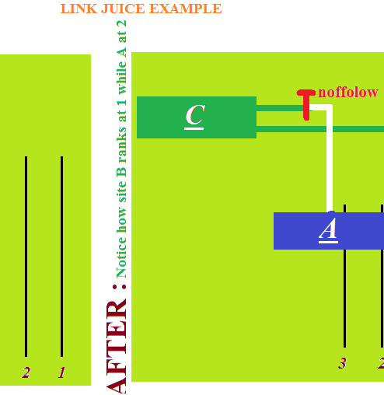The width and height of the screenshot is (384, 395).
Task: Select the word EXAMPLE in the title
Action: (186, 9)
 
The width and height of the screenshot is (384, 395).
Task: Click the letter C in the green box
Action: (195, 115)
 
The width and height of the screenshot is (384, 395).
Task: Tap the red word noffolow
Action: (348, 93)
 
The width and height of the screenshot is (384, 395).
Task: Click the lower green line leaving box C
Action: (320, 129)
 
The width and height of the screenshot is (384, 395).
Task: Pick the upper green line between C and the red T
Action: (281, 108)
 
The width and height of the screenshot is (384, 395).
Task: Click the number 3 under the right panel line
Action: (342, 363)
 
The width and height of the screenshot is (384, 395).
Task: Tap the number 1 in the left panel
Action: (61, 372)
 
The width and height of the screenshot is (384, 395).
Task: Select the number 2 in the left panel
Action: (26, 372)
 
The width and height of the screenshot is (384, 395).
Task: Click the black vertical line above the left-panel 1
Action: (61, 257)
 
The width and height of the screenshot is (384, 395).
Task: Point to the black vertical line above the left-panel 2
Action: (26, 257)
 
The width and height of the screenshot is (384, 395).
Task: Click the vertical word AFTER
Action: (116, 348)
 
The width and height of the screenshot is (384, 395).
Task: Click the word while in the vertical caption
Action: (121, 79)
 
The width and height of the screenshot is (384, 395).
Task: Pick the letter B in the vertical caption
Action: (121, 173)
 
